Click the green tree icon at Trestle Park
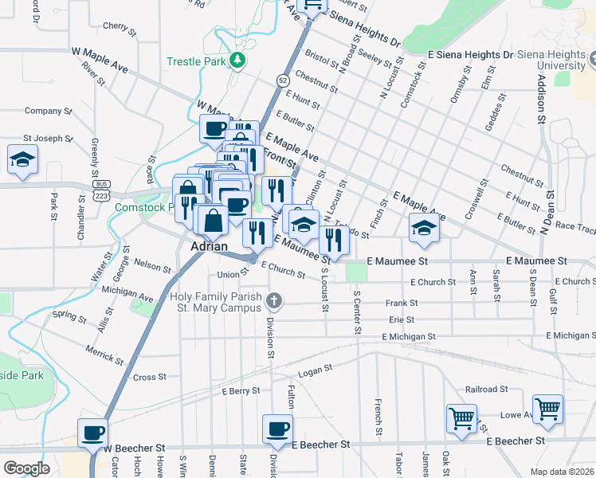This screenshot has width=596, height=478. (x=237, y=61)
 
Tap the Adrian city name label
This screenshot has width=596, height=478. (x=211, y=247)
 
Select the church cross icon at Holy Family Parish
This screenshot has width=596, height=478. (x=274, y=300)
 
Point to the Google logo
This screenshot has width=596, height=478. (x=26, y=468)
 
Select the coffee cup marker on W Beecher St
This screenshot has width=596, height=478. (x=92, y=433)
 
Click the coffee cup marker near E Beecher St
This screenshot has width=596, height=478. (x=277, y=429)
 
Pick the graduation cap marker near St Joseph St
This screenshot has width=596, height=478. (x=23, y=159)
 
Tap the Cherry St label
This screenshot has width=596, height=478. (x=116, y=26)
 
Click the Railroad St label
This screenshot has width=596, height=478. (x=487, y=389)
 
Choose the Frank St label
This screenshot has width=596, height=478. (x=402, y=303)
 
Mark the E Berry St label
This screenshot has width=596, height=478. (x=241, y=391)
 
